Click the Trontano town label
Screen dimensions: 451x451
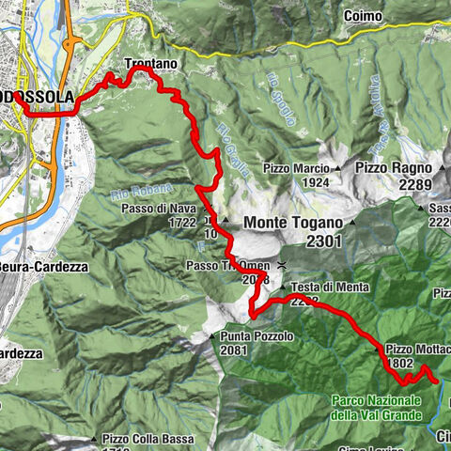point(150,64)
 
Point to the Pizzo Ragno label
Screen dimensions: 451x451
point(393,166)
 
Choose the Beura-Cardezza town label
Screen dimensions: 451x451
point(43,267)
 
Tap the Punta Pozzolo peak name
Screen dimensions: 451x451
point(256,335)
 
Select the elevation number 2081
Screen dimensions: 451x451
point(234,351)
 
